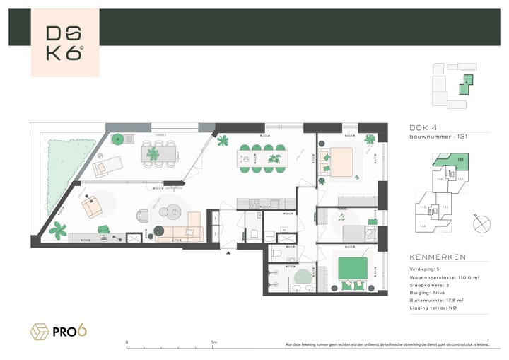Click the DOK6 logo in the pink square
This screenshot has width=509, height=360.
tap(65, 43)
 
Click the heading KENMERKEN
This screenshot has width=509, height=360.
tap(436, 257)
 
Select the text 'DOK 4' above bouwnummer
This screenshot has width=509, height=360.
tap(423, 128)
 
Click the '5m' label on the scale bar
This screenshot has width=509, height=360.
tap(214, 342)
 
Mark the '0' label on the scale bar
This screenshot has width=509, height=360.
tap(127, 342)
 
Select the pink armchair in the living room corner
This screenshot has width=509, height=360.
tap(91, 207)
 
